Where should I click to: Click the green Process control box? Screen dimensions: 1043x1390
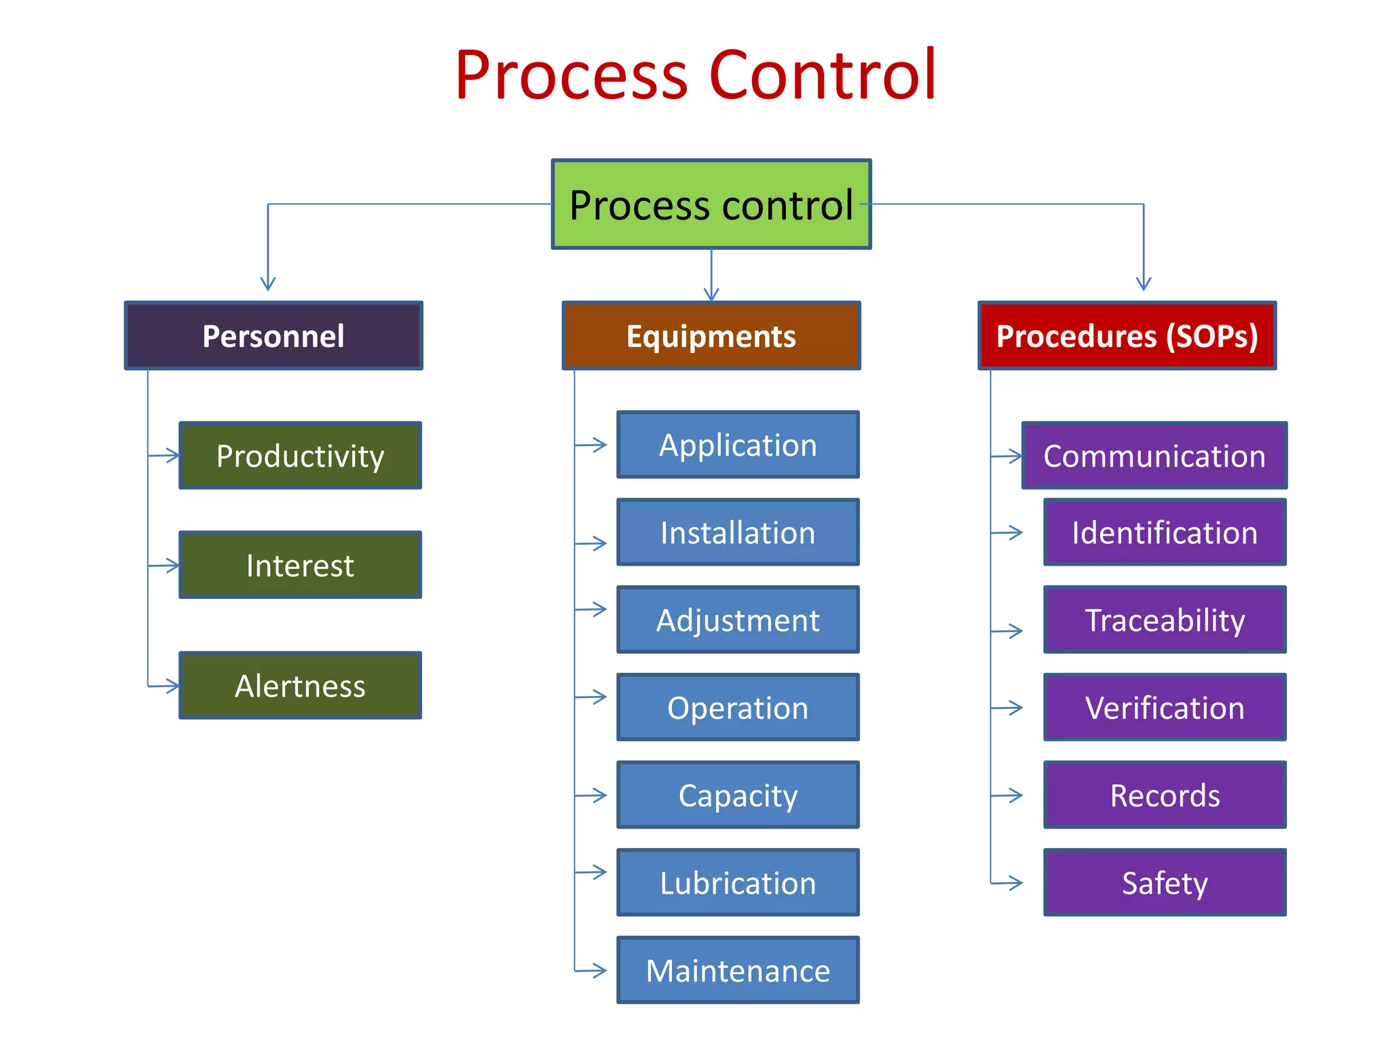point(711,204)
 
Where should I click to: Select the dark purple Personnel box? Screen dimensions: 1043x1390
point(274,336)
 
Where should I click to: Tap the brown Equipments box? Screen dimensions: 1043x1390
point(711,336)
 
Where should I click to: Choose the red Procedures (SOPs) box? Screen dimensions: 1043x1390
point(1127,336)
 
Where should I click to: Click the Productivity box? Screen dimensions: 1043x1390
point(300,456)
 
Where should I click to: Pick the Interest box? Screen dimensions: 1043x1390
point(300,565)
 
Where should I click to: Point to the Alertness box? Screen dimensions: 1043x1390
point(300,686)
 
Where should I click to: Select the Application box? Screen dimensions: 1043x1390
point(738,445)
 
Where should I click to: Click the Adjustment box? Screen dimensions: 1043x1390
point(738,620)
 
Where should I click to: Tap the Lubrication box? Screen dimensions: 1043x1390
point(738,883)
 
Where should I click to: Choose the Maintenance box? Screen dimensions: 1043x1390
point(738,970)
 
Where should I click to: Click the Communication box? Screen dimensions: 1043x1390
point(1154,456)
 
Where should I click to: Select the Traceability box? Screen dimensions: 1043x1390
point(1165,620)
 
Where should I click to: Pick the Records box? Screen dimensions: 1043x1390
point(1165,795)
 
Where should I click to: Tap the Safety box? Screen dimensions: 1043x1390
point(1165,883)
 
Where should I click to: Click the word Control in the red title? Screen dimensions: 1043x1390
point(823,75)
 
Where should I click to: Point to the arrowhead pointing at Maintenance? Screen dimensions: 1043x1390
point(601,970)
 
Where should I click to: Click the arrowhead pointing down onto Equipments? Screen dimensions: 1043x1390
point(711,295)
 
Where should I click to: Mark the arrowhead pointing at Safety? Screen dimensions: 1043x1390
point(1017,883)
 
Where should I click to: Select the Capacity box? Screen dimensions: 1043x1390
point(738,795)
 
